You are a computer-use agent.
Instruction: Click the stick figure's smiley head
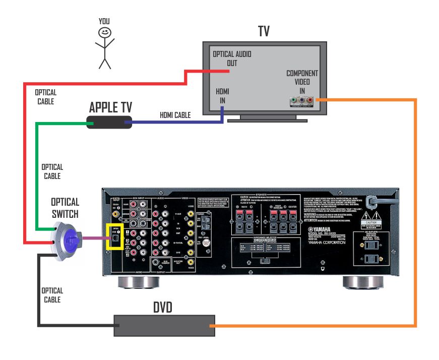[105, 32]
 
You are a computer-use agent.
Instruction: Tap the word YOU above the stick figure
[104, 21]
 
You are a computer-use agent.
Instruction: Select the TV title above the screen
[264, 32]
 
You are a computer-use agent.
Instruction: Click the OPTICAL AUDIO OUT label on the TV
[232, 58]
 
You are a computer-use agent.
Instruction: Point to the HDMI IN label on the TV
[222, 95]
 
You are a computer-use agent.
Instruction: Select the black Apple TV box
[106, 122]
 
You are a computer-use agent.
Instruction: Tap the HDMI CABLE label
[175, 115]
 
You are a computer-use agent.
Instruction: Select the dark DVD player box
[164, 326]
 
